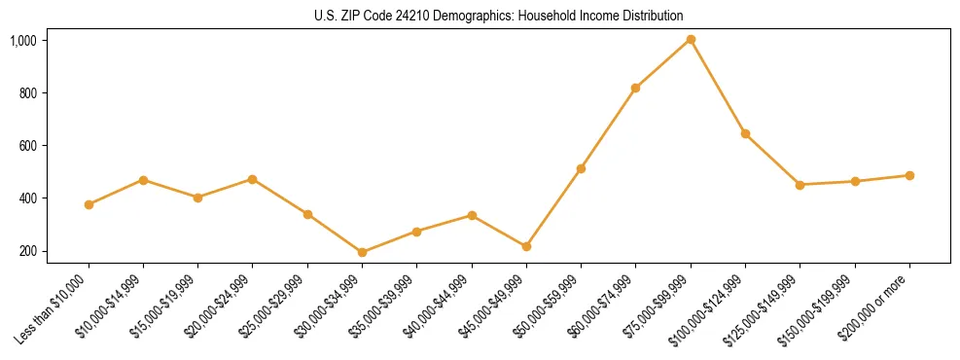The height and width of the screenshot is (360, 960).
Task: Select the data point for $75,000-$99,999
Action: [691, 40]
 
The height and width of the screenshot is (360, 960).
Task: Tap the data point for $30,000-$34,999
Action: [362, 252]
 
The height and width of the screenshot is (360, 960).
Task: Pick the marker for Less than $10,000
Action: [89, 204]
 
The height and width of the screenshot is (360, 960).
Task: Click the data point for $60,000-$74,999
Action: [635, 89]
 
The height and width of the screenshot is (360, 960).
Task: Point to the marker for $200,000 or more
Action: [909, 176]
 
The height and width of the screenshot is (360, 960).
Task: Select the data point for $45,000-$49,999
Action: [526, 247]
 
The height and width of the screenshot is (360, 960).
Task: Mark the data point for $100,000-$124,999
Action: [745, 133]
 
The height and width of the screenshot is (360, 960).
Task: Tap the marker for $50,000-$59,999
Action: [581, 169]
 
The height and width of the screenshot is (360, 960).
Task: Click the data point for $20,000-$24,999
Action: [253, 179]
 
